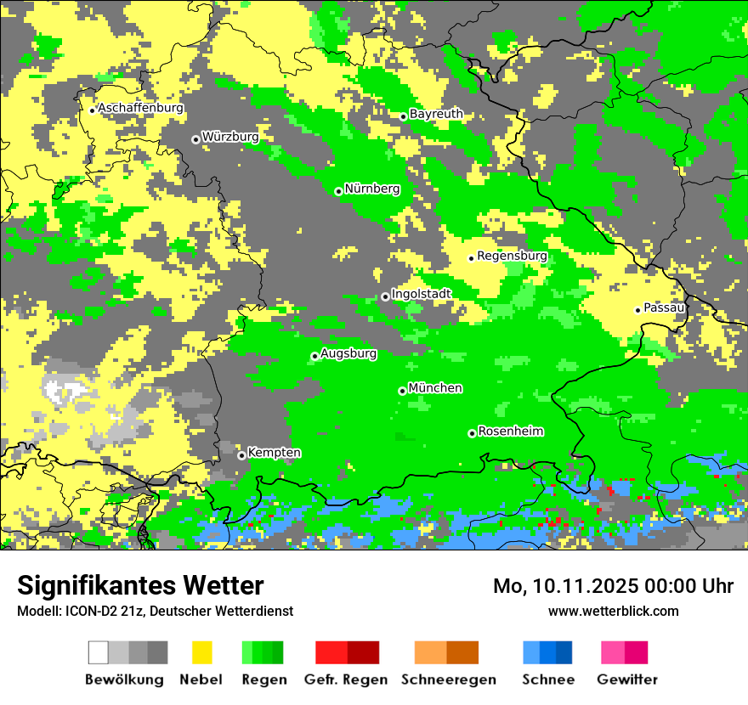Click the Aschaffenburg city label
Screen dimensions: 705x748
[140, 108]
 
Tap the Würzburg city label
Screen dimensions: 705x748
[230, 137]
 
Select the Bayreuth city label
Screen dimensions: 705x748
[436, 114]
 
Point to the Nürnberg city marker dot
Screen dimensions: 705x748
[338, 191]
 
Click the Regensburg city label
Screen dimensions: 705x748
[512, 256]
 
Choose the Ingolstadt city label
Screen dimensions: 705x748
[421, 294]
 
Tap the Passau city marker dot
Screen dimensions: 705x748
[637, 310]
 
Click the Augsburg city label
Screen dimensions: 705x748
[348, 353]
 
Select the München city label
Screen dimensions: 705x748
[435, 388]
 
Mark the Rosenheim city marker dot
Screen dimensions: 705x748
[472, 433]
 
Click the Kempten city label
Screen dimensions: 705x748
[274, 453]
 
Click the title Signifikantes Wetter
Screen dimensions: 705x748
[140, 585]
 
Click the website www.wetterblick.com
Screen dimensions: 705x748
[613, 611]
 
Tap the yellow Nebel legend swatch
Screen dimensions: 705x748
[202, 652]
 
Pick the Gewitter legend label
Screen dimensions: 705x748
[627, 680]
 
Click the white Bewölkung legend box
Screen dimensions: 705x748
[99, 652]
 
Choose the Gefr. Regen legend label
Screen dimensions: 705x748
[346, 680]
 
